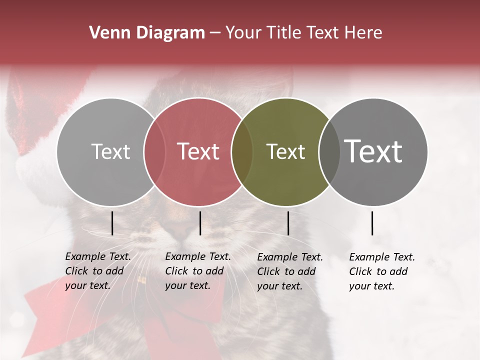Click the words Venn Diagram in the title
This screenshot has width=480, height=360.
click(x=147, y=33)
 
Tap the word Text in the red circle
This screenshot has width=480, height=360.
click(x=198, y=151)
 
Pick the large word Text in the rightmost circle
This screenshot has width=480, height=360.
click(x=373, y=151)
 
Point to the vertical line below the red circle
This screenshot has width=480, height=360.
click(x=200, y=223)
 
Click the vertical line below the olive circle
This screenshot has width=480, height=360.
click(x=288, y=223)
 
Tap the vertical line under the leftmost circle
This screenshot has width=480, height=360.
click(x=112, y=223)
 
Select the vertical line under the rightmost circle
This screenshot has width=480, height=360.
click(x=372, y=223)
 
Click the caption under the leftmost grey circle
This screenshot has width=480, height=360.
click(x=98, y=271)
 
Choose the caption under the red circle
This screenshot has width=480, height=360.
click(x=198, y=271)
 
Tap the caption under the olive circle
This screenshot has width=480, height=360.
click(x=290, y=271)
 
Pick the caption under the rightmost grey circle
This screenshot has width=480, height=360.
click(x=382, y=271)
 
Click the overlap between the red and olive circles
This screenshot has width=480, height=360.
click(x=242, y=152)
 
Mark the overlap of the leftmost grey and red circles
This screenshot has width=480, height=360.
click(x=154, y=152)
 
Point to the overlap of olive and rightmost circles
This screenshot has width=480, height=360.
click(x=329, y=152)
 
